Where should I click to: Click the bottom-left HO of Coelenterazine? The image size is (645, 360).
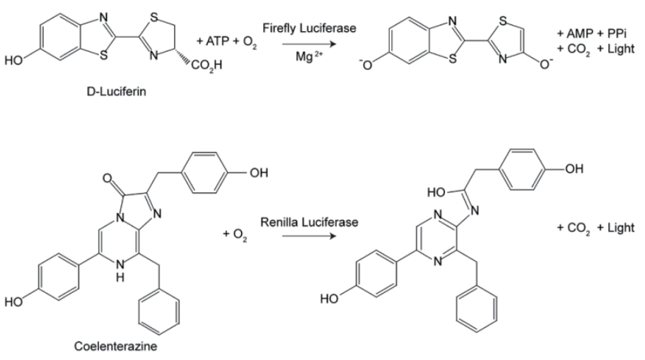tap(14, 305)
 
